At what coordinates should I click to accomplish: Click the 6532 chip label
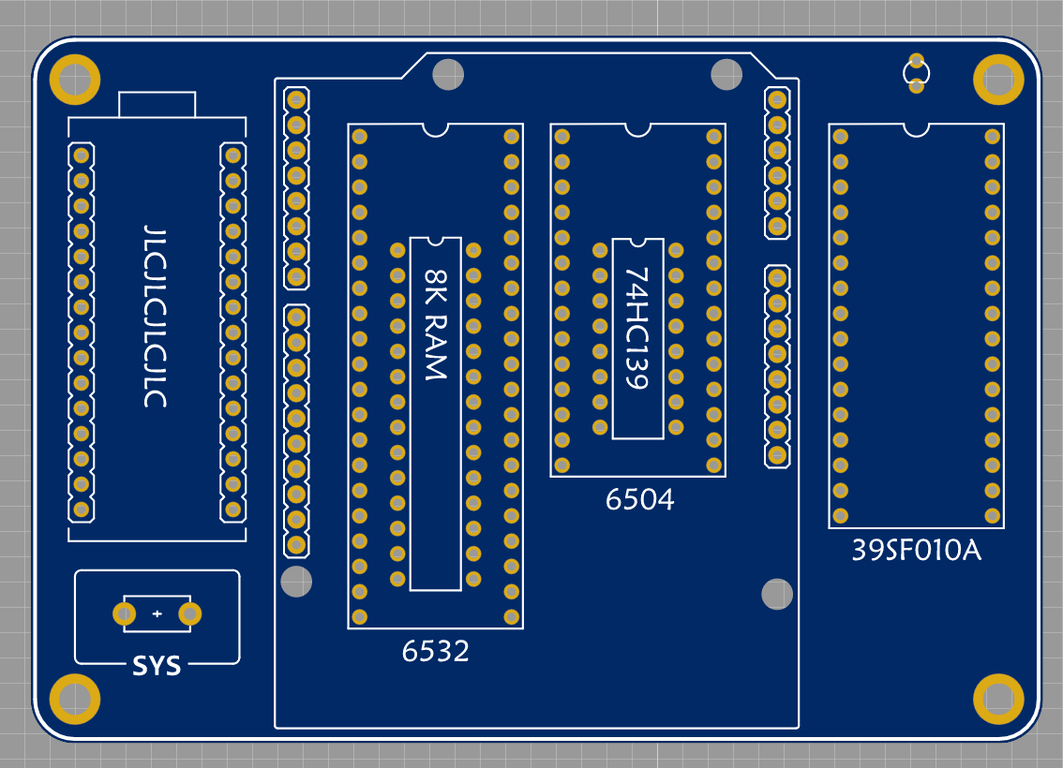(436, 651)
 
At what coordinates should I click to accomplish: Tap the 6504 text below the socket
(640, 500)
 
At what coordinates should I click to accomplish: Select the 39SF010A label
(916, 551)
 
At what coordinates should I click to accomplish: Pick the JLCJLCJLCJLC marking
(156, 316)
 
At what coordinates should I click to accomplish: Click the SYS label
(157, 667)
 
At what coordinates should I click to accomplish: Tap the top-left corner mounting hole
(75, 81)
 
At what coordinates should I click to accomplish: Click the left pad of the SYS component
(124, 613)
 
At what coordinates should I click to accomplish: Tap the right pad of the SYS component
(190, 613)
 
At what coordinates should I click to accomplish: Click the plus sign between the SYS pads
(157, 613)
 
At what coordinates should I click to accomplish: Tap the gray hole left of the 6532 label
(296, 582)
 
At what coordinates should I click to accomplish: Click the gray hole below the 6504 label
(777, 593)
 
